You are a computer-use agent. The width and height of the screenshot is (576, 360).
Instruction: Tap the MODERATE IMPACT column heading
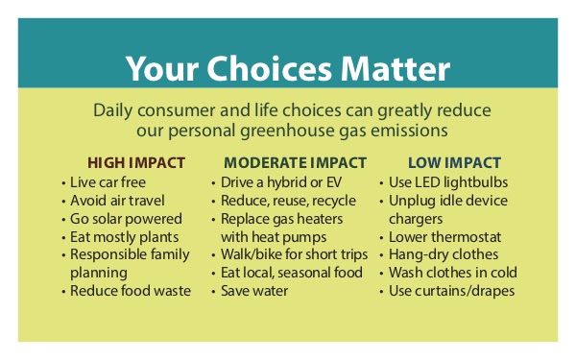(295, 162)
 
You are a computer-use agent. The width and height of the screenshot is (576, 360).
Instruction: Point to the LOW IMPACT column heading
(446, 162)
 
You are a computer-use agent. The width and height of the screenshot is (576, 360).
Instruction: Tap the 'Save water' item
(254, 291)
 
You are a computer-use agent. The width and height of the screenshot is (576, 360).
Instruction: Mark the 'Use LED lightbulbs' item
(448, 181)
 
